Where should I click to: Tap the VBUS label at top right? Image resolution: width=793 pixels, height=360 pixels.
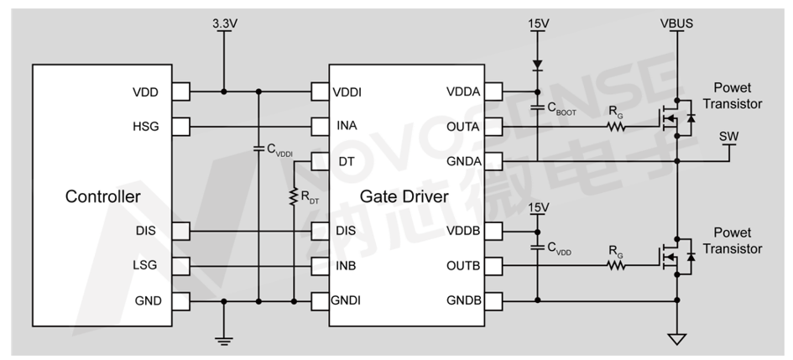pos(676,23)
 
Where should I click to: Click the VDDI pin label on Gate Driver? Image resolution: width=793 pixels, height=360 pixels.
pos(348,91)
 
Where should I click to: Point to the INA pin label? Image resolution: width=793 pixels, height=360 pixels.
pos(345,126)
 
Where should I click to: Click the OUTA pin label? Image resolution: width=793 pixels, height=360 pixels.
pos(463,126)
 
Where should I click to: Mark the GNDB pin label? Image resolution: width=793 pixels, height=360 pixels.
pos(462,300)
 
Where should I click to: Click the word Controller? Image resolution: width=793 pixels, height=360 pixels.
pos(102,196)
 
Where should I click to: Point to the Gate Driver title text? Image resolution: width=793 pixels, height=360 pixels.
pos(404,196)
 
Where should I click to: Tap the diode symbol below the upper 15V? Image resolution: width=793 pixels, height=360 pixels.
pos(536,64)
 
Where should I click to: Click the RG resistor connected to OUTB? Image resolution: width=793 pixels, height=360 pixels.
pos(617,265)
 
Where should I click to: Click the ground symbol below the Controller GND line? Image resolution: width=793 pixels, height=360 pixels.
pos(224,338)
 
